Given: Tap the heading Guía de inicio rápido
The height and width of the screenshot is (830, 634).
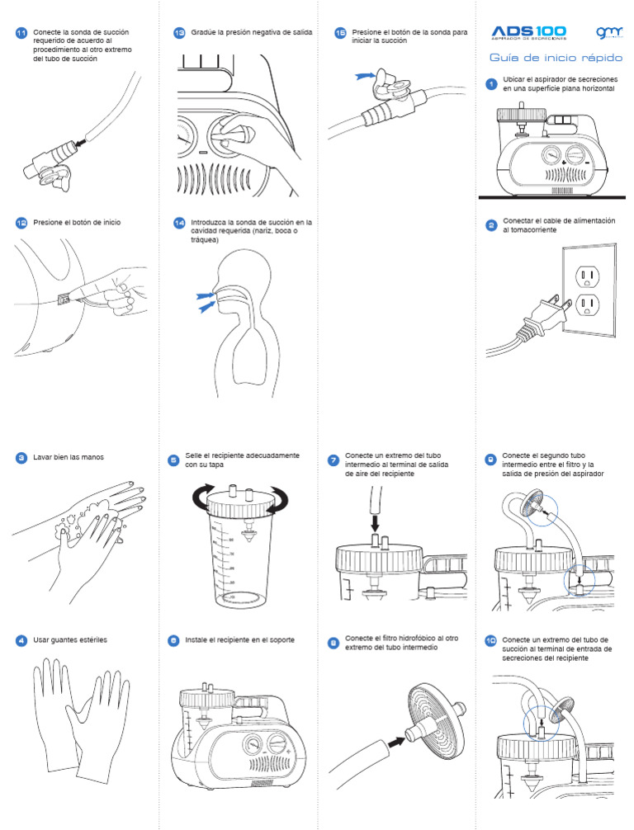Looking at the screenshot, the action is click(x=556, y=57).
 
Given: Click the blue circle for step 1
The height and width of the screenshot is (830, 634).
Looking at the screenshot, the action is click(x=491, y=83).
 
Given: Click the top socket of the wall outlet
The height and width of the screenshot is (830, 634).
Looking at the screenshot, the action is click(x=587, y=276).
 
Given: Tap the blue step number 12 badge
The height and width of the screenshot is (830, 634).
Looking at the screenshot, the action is click(x=21, y=223).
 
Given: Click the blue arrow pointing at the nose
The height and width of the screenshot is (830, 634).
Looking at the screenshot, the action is click(x=205, y=295).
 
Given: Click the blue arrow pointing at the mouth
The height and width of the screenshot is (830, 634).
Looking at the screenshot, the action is click(x=208, y=306).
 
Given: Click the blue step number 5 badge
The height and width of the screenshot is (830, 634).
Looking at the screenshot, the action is click(x=173, y=460).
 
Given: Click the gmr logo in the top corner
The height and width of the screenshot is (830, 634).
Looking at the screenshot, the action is click(x=609, y=32).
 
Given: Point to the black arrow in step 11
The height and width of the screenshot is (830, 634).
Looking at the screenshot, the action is click(x=81, y=142).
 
